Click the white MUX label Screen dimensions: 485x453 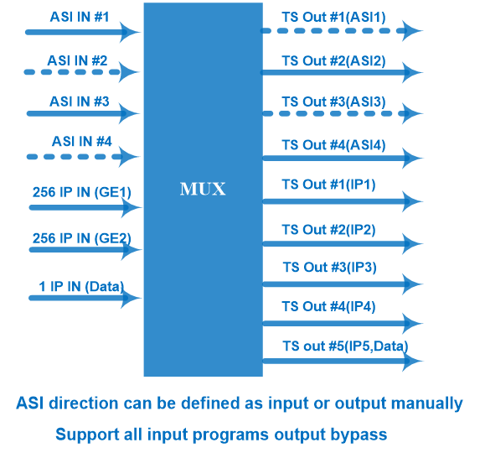point(203,189)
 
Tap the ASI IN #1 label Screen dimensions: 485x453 point(80,17)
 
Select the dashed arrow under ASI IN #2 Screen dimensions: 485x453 point(81,72)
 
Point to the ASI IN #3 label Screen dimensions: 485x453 point(80,102)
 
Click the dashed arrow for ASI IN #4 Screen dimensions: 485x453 point(83,157)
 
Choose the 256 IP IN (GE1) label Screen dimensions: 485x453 point(82,192)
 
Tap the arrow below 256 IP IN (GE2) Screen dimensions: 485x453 point(85,250)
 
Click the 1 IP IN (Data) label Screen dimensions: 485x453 point(81,287)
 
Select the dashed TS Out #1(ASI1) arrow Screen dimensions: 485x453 point(342,31)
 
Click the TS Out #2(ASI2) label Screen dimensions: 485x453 point(333,61)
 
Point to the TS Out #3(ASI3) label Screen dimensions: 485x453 point(333,102)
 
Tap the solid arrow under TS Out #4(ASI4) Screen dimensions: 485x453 point(343,158)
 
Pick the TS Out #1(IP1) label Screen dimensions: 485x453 point(328,185)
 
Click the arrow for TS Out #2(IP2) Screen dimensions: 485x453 point(343,244)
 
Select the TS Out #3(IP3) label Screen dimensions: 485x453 point(330,268)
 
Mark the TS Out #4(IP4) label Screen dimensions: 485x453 point(328,307)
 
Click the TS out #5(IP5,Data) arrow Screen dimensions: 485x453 point(343,361)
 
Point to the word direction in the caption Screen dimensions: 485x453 point(84,404)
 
